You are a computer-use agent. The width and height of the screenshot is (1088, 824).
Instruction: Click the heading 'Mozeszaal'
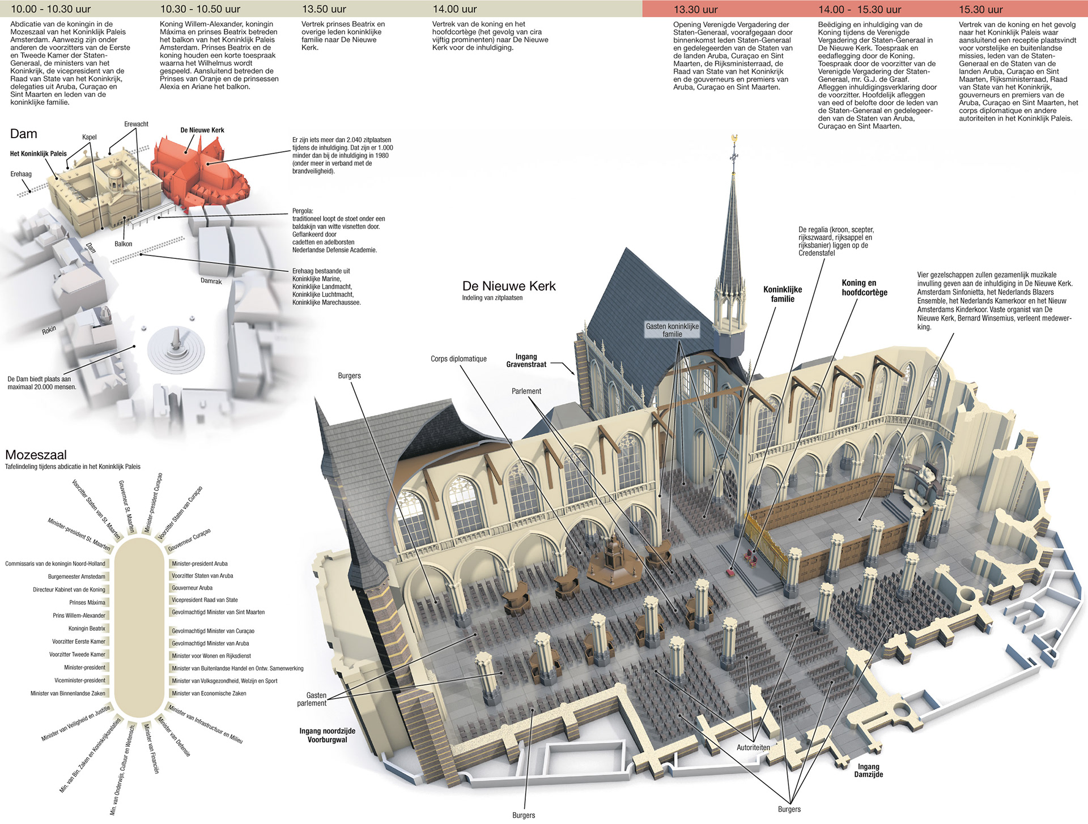(x=36, y=455)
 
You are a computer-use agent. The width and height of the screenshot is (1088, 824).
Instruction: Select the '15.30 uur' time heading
(x=981, y=10)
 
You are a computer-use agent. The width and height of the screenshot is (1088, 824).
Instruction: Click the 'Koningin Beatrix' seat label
(x=87, y=629)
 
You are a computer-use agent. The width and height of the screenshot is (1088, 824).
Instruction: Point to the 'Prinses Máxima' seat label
(x=87, y=603)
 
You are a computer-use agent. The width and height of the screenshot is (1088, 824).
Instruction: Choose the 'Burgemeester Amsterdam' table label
(x=76, y=577)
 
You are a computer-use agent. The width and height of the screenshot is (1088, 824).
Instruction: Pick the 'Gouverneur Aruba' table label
(x=192, y=588)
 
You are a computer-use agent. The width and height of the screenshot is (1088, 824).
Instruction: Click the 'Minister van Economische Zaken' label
(x=209, y=693)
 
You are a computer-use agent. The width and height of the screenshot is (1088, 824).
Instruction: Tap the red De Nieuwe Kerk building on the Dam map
(x=199, y=173)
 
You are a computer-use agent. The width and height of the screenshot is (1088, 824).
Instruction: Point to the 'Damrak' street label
(x=211, y=281)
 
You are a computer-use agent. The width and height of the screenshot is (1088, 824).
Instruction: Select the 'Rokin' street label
(x=49, y=330)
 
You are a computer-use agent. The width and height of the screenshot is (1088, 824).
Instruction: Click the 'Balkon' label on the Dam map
(x=123, y=244)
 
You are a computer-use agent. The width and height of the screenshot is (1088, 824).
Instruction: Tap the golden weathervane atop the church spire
(x=734, y=139)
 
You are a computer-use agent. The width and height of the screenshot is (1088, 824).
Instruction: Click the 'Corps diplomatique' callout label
(x=458, y=359)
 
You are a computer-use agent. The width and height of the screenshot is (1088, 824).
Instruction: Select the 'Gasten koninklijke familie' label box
(x=673, y=330)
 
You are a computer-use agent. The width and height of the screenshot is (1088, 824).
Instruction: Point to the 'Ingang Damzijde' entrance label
(x=869, y=770)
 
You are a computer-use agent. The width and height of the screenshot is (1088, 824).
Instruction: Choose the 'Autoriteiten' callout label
(x=753, y=748)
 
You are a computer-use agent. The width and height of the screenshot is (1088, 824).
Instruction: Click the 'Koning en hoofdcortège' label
(x=865, y=288)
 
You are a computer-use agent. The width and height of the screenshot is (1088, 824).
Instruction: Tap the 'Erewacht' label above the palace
(x=136, y=124)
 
